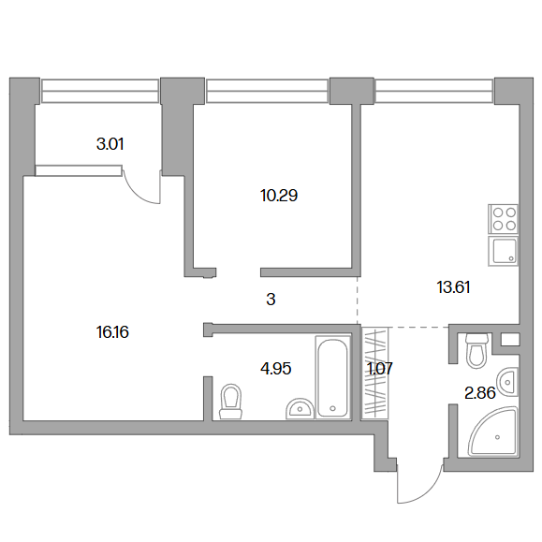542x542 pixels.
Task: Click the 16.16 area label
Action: point(112,332)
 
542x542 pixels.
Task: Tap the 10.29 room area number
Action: point(279,196)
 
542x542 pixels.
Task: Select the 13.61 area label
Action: point(453,287)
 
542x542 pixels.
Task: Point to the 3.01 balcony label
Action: point(110,144)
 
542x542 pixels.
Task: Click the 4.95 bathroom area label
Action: point(276,369)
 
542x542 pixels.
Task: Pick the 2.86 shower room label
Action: point(480,393)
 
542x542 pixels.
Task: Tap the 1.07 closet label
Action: point(380,369)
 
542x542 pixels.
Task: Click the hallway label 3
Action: point(271,300)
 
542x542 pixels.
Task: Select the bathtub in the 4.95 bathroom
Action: point(332,377)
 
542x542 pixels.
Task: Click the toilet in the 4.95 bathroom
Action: point(230,402)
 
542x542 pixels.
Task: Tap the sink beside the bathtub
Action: point(300,408)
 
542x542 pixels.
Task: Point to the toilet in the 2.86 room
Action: point(476,350)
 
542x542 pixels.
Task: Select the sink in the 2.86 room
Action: point(507,382)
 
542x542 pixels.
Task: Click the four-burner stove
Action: point(504,219)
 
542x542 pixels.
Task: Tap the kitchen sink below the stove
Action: point(504,251)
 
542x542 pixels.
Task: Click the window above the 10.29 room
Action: point(267,91)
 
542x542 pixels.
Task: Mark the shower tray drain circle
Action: point(498,437)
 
